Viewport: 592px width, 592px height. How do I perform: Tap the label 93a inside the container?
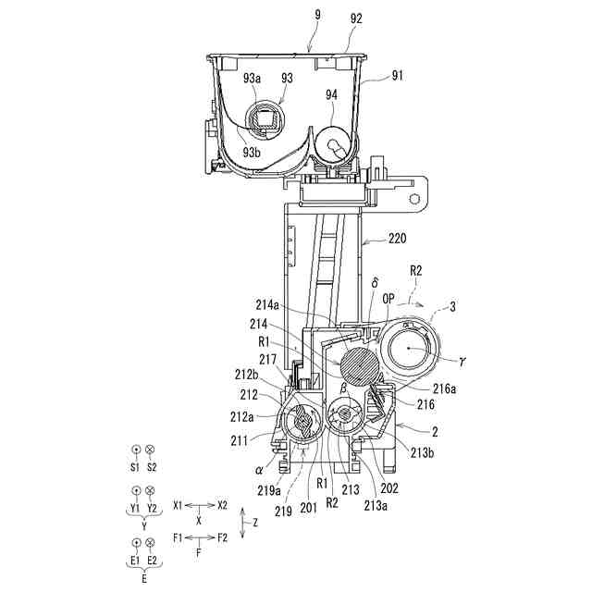(x=253, y=80)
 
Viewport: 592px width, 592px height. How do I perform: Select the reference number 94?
(x=332, y=94)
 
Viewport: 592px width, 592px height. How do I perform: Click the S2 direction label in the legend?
(x=152, y=467)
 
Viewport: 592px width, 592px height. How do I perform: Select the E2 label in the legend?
(x=152, y=561)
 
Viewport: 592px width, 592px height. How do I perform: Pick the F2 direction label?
(x=222, y=536)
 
